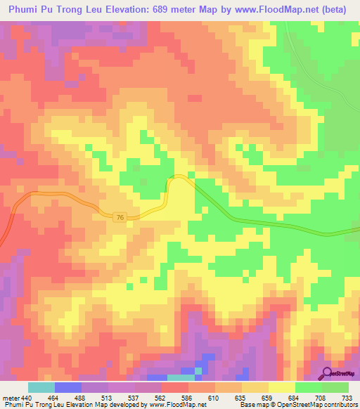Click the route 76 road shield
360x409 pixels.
click(x=120, y=218)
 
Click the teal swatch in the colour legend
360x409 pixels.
click(x=41, y=387)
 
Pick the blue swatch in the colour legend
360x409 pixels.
click(x=67, y=387)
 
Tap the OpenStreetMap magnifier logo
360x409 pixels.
click(x=327, y=372)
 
